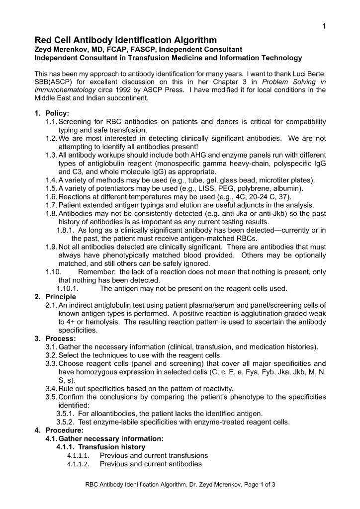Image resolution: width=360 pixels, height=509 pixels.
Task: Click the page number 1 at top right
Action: (x=324, y=26)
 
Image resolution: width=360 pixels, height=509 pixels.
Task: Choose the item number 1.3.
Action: (x=51, y=155)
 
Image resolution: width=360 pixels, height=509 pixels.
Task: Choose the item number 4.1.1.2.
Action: (x=78, y=464)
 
